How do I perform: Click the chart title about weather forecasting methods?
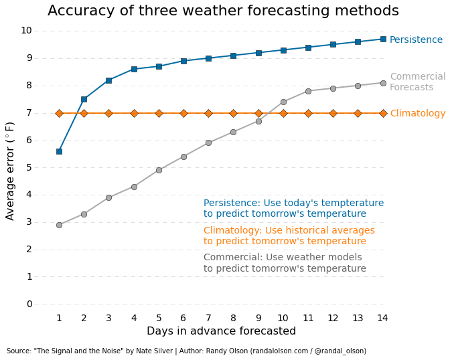[223, 11]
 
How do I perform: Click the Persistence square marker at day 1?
[59, 151]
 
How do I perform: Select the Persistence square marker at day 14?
[383, 39]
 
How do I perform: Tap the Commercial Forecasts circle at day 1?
[59, 225]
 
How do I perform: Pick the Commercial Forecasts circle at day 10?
[283, 102]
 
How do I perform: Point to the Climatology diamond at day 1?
[59, 113]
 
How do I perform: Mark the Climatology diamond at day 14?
[383, 113]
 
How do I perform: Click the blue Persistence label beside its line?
[416, 40]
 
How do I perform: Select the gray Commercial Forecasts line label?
[417, 82]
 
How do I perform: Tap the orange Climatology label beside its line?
[417, 114]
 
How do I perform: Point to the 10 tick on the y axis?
[26, 31]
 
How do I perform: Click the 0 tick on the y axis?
[29, 304]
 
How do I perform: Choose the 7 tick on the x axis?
[208, 319]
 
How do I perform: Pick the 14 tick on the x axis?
[382, 319]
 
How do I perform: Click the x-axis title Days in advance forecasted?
[221, 332]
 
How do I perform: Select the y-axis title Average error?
[11, 171]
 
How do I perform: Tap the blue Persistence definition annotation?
[293, 209]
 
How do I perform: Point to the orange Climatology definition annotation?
[289, 236]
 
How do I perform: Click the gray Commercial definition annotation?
[285, 263]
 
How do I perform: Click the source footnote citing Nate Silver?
[186, 351]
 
